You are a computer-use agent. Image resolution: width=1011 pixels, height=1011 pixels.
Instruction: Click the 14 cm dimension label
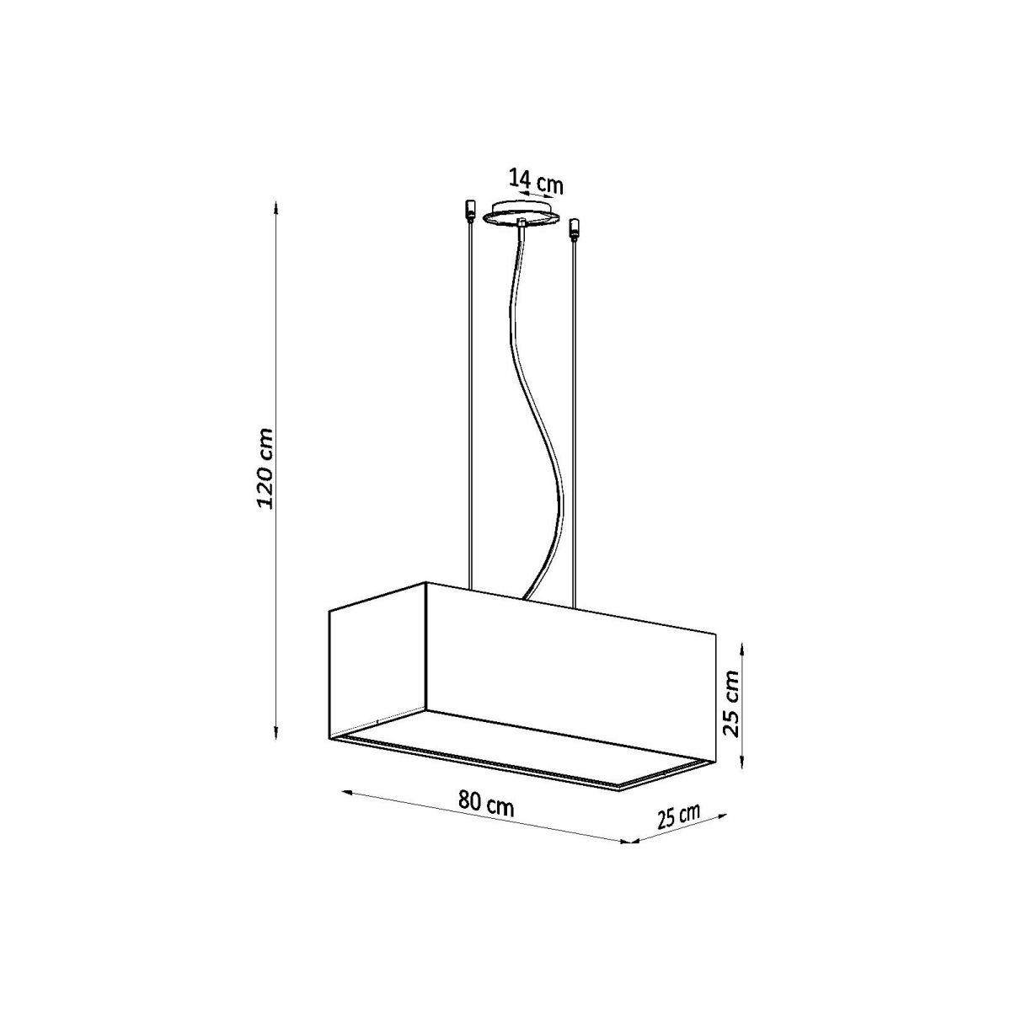536,181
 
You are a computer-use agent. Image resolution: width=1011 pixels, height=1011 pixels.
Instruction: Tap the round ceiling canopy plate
522,217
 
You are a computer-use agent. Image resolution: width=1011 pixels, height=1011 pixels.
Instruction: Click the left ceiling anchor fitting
470,211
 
